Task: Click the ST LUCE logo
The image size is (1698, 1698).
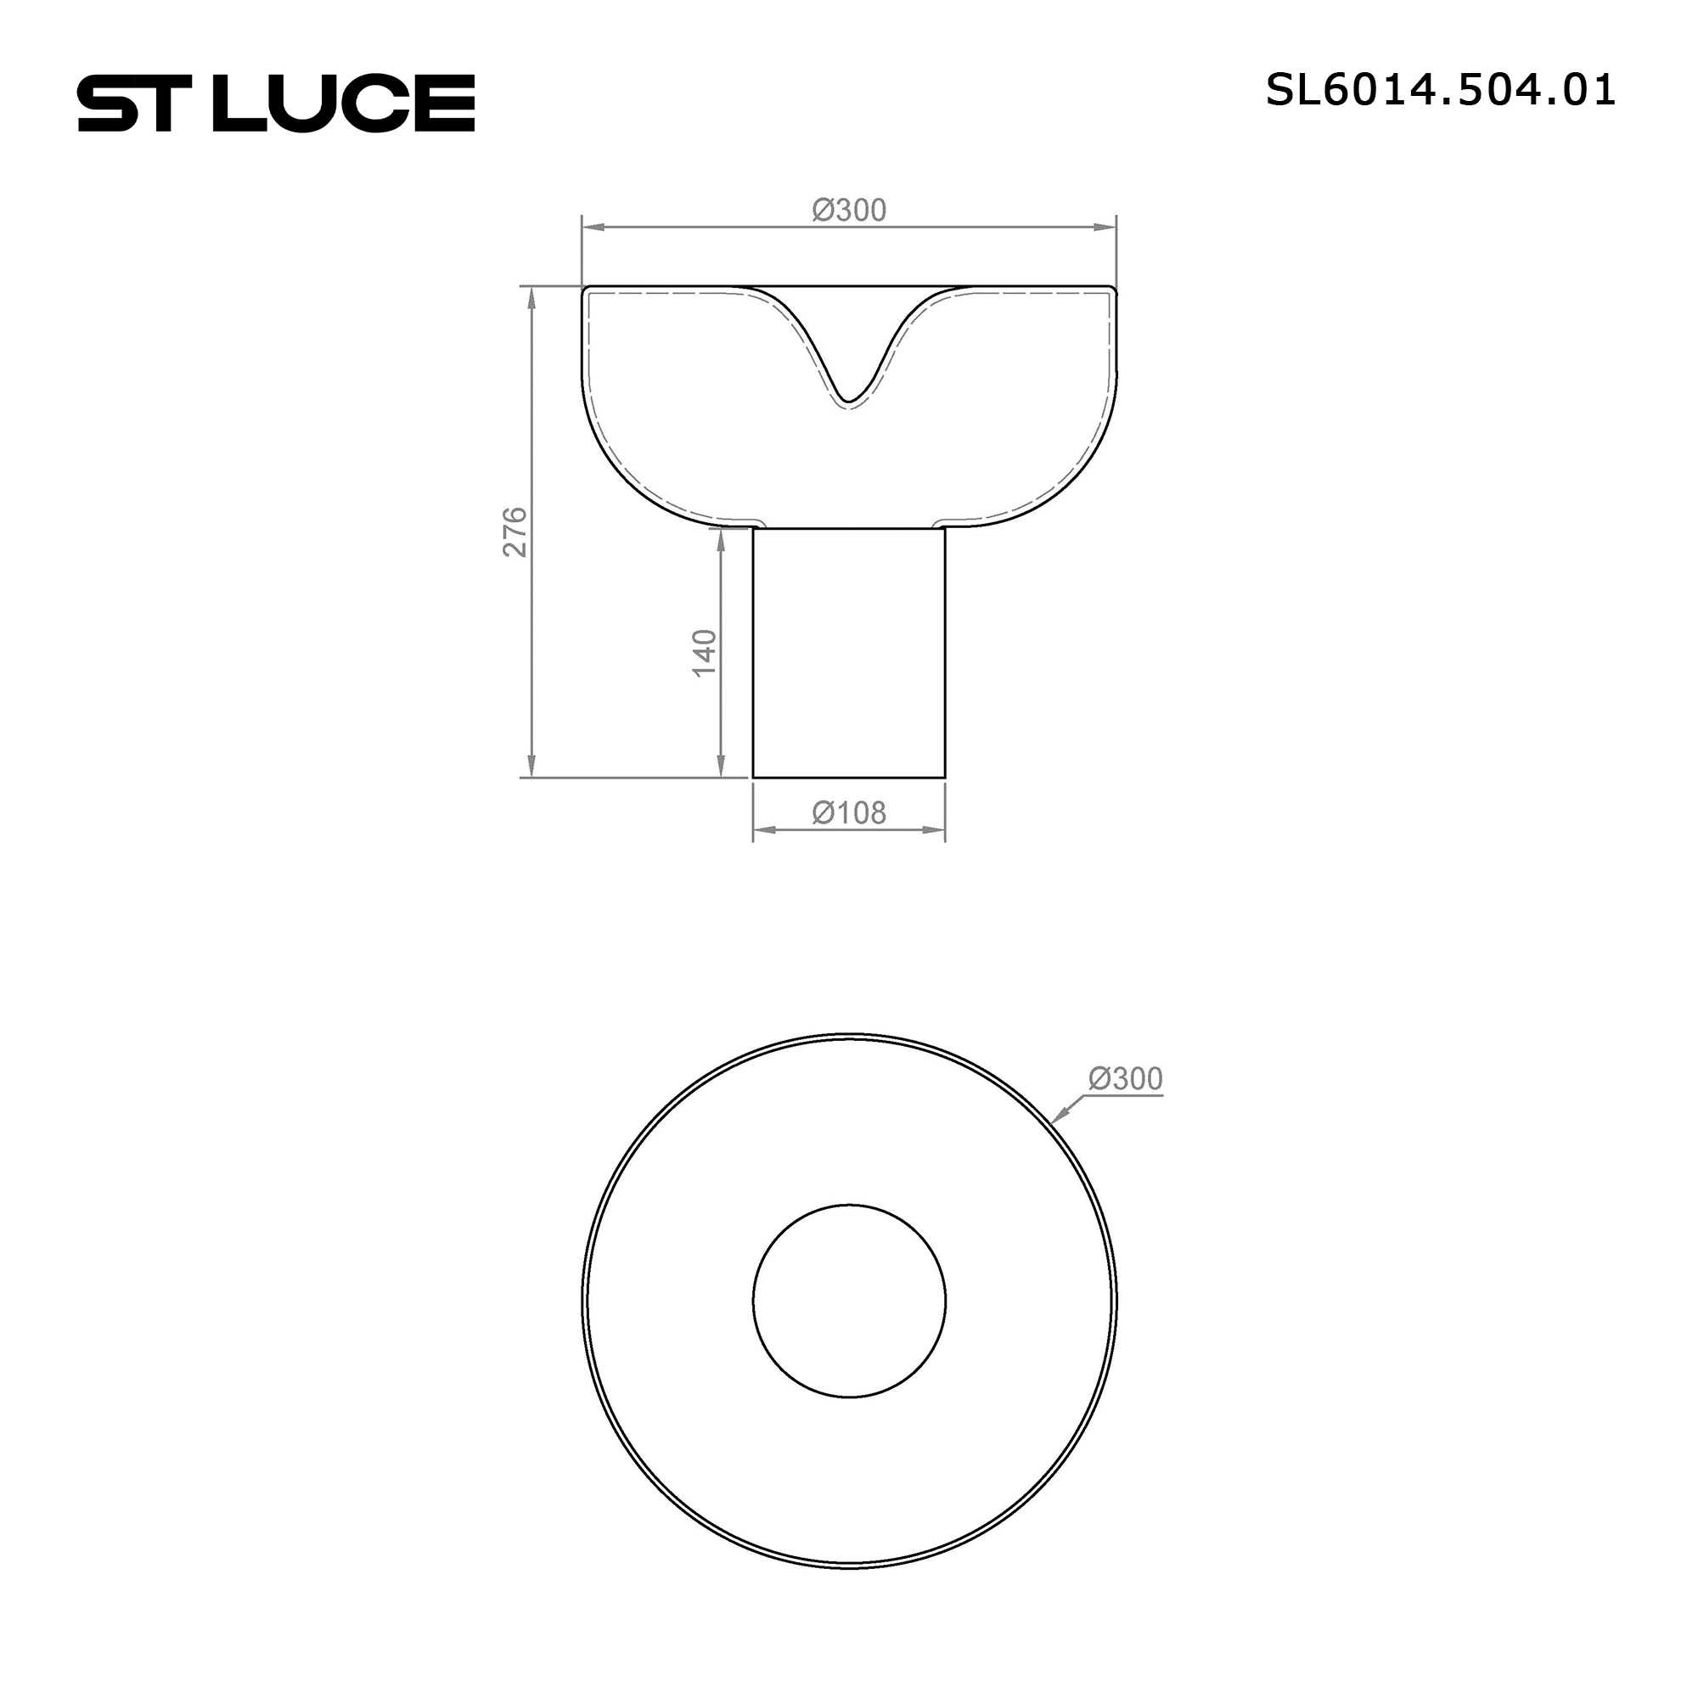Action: (276, 103)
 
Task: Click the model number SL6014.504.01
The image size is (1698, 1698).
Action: (1441, 91)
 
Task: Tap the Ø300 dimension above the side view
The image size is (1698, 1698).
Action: (849, 210)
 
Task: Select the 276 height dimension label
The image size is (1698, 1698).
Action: (514, 531)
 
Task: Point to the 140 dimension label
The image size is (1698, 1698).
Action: (705, 652)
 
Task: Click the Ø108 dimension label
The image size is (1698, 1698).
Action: (849, 813)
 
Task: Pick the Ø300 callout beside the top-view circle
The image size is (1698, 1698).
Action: (1125, 1078)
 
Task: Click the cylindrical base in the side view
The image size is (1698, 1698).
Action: (849, 653)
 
